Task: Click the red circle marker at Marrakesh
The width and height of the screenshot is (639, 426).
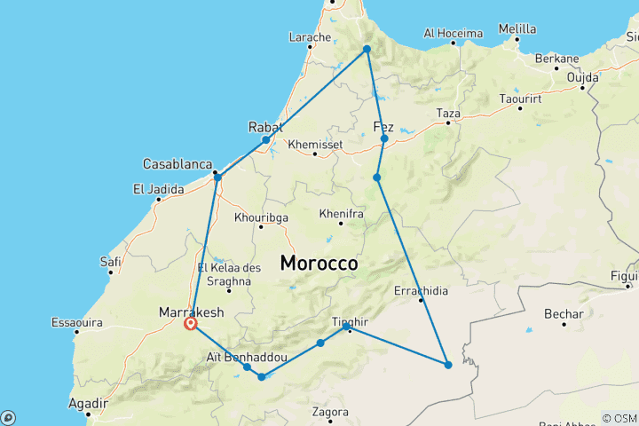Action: [x=190, y=325]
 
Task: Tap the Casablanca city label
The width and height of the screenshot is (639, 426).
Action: [x=177, y=165]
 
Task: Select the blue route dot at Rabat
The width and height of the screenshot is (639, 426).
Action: [x=265, y=140]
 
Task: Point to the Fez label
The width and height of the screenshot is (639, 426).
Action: [x=384, y=125]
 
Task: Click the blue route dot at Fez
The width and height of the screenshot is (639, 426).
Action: [x=384, y=139]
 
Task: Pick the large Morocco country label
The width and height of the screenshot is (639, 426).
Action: [x=319, y=264]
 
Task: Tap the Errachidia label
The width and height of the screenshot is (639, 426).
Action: [x=421, y=290]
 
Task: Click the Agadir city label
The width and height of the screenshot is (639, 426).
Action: [x=87, y=403]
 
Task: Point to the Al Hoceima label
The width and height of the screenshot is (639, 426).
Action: [x=453, y=34]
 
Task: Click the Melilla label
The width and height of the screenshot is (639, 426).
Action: [x=517, y=28]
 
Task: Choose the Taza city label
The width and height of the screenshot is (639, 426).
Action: [x=448, y=114]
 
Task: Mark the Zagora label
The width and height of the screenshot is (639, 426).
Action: [x=329, y=412]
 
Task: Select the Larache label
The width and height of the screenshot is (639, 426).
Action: [x=310, y=37]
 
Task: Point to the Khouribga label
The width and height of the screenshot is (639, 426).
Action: [x=261, y=217]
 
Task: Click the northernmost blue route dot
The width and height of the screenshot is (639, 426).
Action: [x=366, y=49]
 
